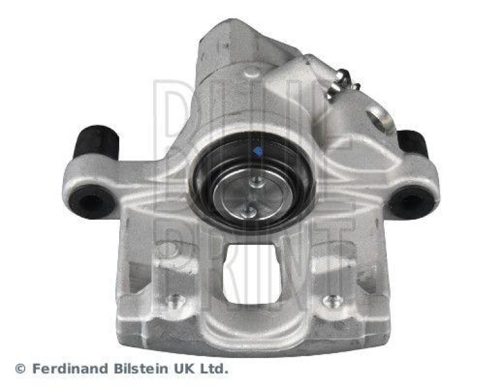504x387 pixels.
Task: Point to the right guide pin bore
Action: [411, 202]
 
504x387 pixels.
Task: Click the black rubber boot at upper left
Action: [96, 142]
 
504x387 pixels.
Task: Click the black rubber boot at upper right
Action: [413, 143]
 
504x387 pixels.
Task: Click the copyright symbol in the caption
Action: [20, 368]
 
